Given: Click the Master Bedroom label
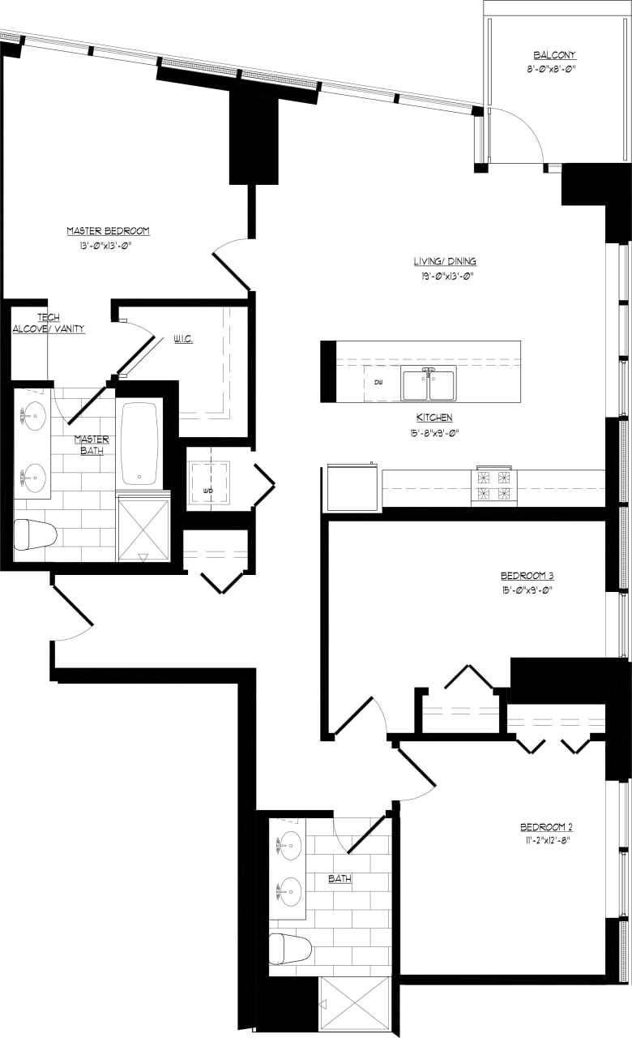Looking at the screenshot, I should [x=108, y=231].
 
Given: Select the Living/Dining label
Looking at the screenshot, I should [x=445, y=261].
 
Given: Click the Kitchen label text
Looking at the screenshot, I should [x=434, y=417].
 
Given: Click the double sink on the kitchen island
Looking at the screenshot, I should [x=429, y=384].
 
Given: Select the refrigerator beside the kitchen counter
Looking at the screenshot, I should [x=352, y=488].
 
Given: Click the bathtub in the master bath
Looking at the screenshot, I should [x=140, y=443].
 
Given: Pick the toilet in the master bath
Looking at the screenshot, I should [x=35, y=534].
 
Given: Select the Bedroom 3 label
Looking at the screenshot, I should [x=527, y=576].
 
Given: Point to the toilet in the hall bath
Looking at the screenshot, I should [x=290, y=948].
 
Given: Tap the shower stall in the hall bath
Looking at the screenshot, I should [x=356, y=1006].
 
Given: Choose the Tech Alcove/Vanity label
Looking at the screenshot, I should [x=49, y=323].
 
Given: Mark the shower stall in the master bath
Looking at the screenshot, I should [x=143, y=529].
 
